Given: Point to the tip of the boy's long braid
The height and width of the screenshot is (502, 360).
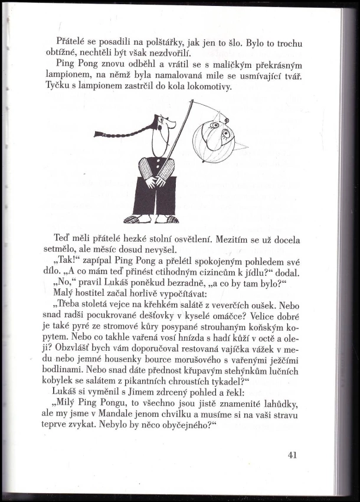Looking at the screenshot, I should coord(98,135).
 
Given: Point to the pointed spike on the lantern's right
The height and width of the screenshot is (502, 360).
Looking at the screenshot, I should coord(243,146).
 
